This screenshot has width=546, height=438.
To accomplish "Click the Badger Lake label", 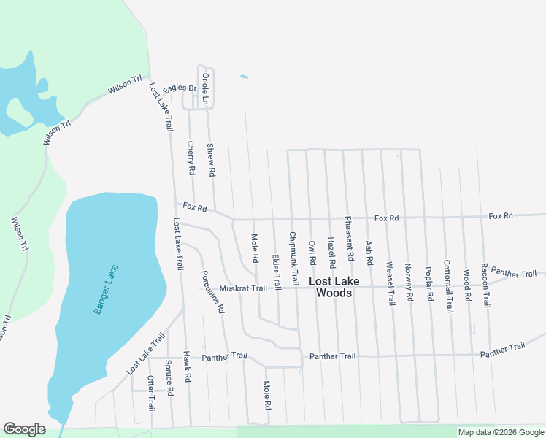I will point(105,290).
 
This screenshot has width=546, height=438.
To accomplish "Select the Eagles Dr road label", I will point(180,88).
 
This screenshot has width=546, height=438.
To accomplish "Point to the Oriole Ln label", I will point(206,89).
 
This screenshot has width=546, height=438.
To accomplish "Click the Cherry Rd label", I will point(191,158).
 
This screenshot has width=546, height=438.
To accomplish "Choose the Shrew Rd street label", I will point(211,161).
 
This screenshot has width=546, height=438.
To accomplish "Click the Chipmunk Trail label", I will point(293,258).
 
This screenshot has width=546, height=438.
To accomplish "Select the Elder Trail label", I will point(276,271).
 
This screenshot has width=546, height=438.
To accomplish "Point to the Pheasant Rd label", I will point(350,239).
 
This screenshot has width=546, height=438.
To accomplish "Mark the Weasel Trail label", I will point(390,283).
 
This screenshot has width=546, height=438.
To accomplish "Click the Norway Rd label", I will point(409,283).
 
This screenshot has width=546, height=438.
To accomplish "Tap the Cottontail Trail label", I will point(448,286).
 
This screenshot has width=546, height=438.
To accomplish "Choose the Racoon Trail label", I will point(485,285).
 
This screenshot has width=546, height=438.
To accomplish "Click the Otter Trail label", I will point(151,393).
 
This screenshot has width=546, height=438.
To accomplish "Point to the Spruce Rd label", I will point(169,377).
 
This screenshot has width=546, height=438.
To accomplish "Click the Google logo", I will point(24,429).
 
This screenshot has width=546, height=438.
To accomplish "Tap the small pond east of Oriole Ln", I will point(244,77).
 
